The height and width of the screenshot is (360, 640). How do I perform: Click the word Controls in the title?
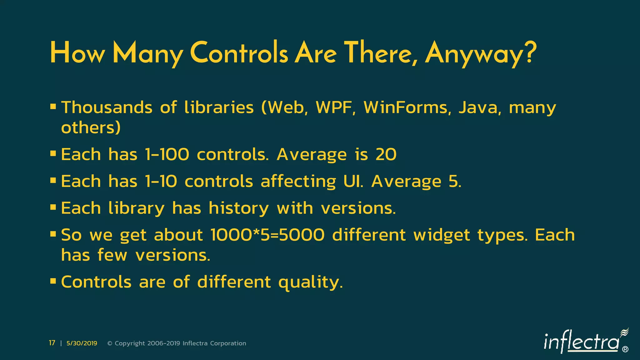[x=239, y=53]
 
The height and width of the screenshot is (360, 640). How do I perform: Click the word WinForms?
[x=407, y=107]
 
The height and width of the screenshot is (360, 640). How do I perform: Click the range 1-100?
[x=167, y=154]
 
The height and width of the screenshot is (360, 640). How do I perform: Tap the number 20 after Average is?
[x=386, y=154]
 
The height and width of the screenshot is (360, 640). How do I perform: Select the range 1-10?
[x=161, y=181]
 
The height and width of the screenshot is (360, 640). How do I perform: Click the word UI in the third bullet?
[x=353, y=181]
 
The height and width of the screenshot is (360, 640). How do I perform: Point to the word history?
[x=238, y=208]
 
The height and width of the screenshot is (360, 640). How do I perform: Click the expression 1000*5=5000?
[x=267, y=235]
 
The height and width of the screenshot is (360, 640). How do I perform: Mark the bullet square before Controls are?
[x=53, y=281]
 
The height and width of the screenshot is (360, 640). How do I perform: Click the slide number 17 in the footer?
[x=52, y=343]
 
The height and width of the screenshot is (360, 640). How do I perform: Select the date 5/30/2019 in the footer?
[x=82, y=343]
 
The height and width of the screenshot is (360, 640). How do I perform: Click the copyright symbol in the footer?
[x=110, y=343]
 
